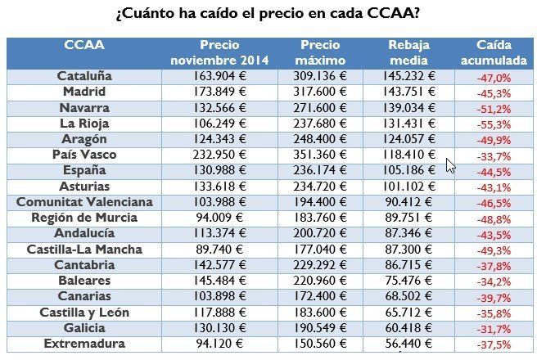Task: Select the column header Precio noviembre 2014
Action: (x=219, y=52)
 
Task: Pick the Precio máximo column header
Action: (x=319, y=52)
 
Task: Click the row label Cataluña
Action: (x=84, y=76)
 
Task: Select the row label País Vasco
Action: (x=84, y=155)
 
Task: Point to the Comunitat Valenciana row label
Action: (x=84, y=201)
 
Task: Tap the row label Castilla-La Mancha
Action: (x=84, y=249)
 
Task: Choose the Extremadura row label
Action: (x=84, y=344)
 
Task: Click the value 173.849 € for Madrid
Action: (x=219, y=92)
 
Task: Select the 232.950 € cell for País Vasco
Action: (x=219, y=155)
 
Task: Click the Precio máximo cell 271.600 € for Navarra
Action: (x=319, y=107)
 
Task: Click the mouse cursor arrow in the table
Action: (x=450, y=165)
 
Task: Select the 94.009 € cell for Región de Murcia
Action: (x=219, y=218)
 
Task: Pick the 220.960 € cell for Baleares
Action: (x=319, y=281)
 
